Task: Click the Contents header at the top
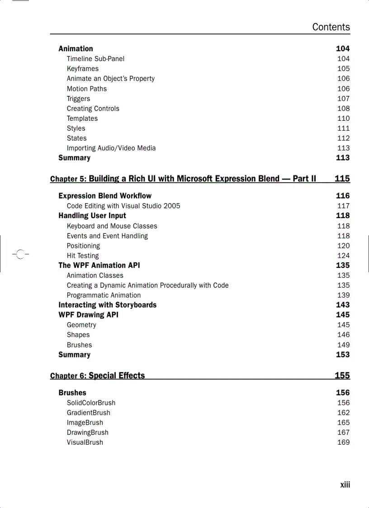(331, 27)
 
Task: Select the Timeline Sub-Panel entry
(95, 59)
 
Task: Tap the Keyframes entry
(83, 69)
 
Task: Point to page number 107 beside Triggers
(343, 99)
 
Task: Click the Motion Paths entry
(87, 89)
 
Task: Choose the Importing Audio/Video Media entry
(111, 148)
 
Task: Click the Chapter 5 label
(68, 179)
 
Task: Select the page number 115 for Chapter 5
(342, 179)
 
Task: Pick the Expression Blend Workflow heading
(105, 196)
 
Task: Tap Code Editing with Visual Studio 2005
(123, 206)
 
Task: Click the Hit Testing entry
(83, 256)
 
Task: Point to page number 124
(343, 256)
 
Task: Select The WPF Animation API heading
(99, 266)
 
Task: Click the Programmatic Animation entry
(104, 295)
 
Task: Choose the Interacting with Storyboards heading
(107, 305)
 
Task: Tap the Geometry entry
(81, 325)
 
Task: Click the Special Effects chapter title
(117, 375)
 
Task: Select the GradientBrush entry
(89, 413)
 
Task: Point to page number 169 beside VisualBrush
(343, 442)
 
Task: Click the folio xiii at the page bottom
(345, 485)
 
